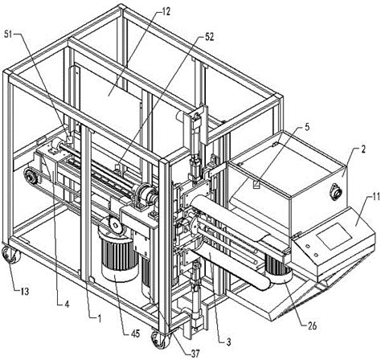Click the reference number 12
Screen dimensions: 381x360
click(166, 11)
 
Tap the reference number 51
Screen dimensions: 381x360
click(8, 35)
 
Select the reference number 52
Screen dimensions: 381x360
click(209, 37)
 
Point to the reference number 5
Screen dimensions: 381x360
click(307, 127)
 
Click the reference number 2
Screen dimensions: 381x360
click(363, 149)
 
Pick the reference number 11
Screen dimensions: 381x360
click(375, 198)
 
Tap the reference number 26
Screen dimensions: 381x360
click(312, 325)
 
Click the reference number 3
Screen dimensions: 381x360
click(228, 342)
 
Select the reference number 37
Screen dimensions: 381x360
click(195, 354)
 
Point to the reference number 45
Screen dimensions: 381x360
click(134, 333)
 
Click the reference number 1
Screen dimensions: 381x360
click(100, 319)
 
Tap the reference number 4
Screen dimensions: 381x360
click(67, 304)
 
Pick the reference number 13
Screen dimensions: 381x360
click(25, 291)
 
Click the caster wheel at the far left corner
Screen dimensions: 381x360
click(10, 255)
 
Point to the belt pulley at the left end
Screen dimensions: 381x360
click(30, 175)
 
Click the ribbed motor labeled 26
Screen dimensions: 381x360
click(279, 269)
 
